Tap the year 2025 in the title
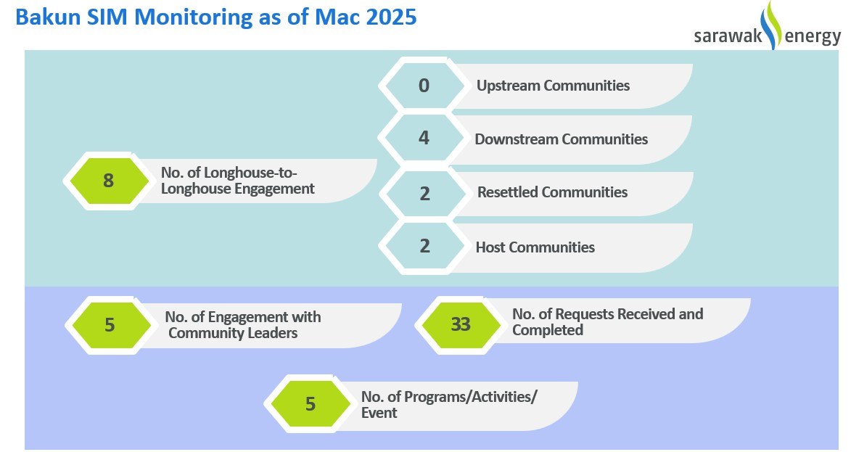[x=391, y=17]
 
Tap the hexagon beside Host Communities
[x=424, y=247]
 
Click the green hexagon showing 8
[x=107, y=181]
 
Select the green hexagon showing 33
[x=460, y=324]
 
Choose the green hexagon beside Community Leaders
[x=109, y=325]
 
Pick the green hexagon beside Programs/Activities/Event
[x=309, y=404]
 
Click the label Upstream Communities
[x=553, y=86]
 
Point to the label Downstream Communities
[x=562, y=139]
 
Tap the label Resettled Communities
[x=552, y=192]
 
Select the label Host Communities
[x=535, y=247]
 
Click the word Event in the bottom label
[x=379, y=413]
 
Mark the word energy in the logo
[x=813, y=37]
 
